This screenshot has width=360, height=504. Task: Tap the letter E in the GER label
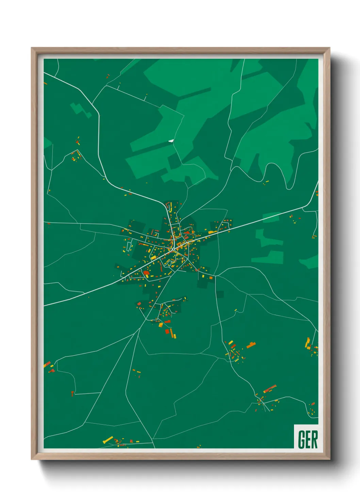click(308, 439)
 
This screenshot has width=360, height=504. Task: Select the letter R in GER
click(314, 439)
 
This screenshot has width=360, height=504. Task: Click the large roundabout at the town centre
click(174, 249)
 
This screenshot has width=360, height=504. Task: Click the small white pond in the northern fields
click(171, 140)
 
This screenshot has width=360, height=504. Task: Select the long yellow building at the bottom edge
click(108, 439)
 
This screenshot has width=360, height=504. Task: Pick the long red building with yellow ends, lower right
click(270, 389)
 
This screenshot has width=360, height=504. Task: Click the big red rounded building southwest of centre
click(146, 272)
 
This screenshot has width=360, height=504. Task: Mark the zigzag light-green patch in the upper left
click(81, 110)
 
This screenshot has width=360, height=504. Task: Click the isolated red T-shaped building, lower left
click(72, 394)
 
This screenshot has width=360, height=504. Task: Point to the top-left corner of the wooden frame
click(32, 48)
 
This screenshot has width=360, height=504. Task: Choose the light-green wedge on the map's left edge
click(47, 142)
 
